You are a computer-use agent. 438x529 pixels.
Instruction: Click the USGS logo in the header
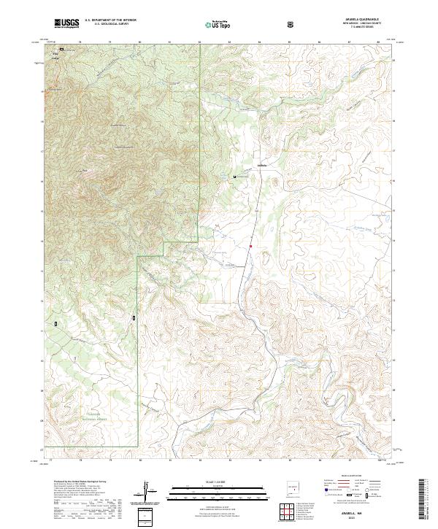(67, 23)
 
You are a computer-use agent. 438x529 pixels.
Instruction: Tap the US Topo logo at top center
(215, 24)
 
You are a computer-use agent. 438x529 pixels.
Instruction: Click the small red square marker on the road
(250, 246)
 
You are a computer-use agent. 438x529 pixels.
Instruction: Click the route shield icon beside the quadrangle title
(291, 24)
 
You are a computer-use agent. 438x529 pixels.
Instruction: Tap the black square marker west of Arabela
(234, 177)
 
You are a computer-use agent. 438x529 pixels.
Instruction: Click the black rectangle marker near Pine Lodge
(61, 50)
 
